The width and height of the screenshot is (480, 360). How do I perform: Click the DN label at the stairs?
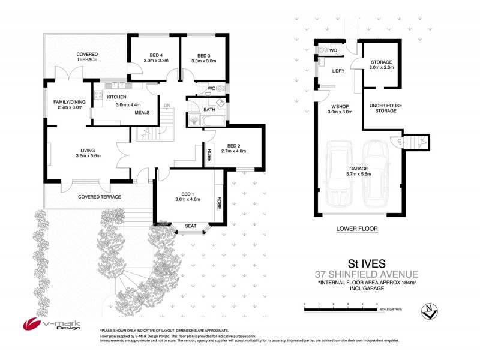click(x=167, y=105)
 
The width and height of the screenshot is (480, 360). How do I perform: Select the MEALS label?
click(x=142, y=112)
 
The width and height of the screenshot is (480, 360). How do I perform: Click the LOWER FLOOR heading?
click(x=356, y=229)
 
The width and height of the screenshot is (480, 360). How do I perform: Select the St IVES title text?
click(x=367, y=263)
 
